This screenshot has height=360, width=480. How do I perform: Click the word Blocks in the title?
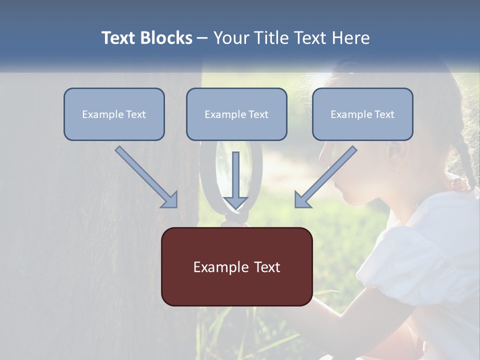(167, 38)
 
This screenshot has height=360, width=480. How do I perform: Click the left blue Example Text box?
(114, 114)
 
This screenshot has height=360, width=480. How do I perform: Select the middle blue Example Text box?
(236, 114)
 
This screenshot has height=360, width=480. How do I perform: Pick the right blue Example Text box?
(362, 114)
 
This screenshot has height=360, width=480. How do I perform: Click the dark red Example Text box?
(236, 266)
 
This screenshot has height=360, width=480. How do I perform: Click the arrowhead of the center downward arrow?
(235, 202)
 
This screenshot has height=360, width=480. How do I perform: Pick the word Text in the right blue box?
(384, 114)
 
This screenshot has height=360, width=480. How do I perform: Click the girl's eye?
(345, 146)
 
